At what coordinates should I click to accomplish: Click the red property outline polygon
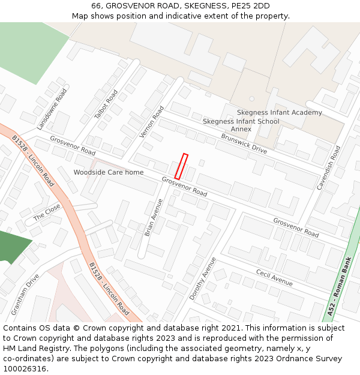coord(181,166)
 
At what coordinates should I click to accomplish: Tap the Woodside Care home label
coord(109,172)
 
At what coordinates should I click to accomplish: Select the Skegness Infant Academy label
coord(279,112)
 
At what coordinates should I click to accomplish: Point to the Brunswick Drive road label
coord(244,143)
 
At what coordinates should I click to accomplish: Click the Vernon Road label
coord(152,122)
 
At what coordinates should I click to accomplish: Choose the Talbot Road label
coord(106,104)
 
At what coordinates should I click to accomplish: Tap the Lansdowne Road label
coord(52,109)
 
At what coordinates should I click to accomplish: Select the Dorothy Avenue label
coord(203,278)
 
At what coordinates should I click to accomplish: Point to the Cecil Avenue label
coord(274,278)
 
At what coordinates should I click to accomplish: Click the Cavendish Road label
coord(329,167)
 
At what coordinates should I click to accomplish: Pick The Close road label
coord(47,212)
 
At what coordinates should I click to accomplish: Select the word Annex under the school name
coord(241,129)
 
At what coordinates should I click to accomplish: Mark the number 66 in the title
coord(96,6)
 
